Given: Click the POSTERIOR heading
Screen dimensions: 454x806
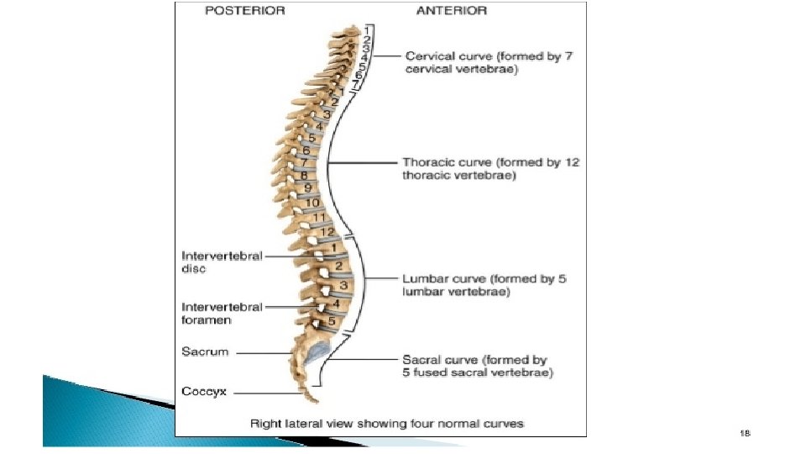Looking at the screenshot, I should [x=245, y=12].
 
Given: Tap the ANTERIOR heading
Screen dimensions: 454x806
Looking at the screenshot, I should [x=452, y=12].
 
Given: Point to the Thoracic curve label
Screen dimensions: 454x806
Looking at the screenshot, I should [x=490, y=169].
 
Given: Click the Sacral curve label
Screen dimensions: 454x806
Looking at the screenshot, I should [x=478, y=365].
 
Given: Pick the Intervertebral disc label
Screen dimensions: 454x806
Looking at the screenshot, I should [x=222, y=262].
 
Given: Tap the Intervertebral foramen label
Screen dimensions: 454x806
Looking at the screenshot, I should [x=222, y=313].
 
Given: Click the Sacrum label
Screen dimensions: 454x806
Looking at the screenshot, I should [x=205, y=351].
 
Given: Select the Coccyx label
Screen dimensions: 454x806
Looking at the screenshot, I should [x=204, y=392].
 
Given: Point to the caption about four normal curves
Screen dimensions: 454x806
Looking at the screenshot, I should [x=387, y=424].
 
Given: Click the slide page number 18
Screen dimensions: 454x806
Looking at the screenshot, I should [x=744, y=433].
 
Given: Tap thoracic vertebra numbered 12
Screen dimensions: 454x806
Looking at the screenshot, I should [x=329, y=232].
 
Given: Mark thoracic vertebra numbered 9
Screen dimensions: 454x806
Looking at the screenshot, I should [x=308, y=187].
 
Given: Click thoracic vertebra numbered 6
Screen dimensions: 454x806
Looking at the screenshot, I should [x=306, y=150].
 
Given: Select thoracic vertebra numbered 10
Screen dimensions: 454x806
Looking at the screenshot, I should [x=311, y=203].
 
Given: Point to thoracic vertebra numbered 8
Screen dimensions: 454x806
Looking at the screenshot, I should [x=306, y=174].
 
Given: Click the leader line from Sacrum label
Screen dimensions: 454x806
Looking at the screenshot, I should [x=260, y=352].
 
